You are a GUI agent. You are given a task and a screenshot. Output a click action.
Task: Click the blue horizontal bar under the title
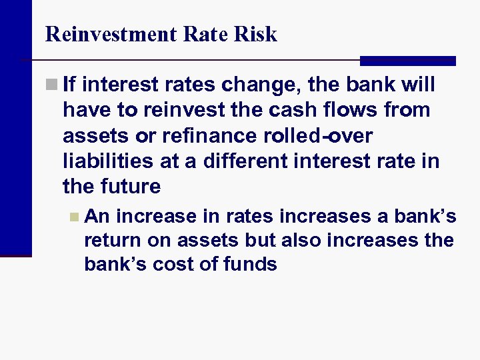tap(407, 61)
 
